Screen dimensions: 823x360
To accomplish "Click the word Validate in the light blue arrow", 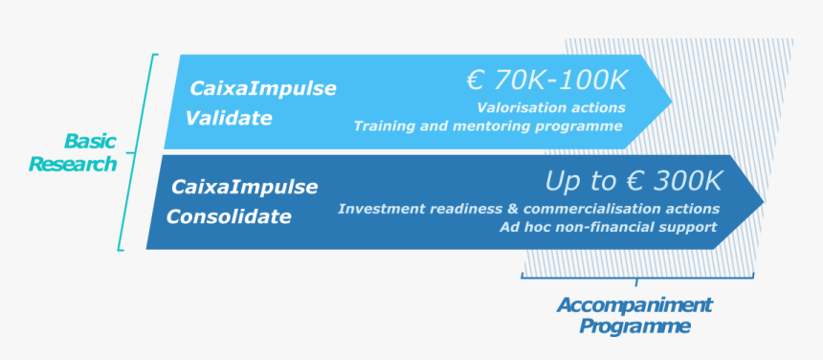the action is [x=229, y=119].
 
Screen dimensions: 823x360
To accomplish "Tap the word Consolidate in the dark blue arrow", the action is [x=229, y=216].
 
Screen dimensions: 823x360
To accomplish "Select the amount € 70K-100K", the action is [x=546, y=80].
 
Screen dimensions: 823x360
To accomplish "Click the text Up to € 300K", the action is [x=634, y=181].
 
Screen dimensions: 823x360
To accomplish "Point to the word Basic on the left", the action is [x=90, y=141].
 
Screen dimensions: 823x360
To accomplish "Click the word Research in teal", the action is [x=73, y=165].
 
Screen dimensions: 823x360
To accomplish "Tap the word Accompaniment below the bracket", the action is [x=634, y=304].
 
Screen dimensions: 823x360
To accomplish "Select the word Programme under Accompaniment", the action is [x=634, y=326].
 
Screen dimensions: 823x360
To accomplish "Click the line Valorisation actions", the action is [x=551, y=107].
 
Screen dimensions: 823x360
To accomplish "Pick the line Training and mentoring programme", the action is [x=488, y=126].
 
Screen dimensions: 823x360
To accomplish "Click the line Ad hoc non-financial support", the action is [x=608, y=227].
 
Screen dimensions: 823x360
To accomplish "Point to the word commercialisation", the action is [x=589, y=209].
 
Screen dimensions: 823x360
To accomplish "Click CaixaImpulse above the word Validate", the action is [x=263, y=89].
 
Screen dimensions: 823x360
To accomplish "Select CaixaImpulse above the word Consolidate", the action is [x=245, y=187].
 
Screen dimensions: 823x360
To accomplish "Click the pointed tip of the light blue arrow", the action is [x=672, y=101].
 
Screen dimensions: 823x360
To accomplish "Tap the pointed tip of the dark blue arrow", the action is [x=764, y=201].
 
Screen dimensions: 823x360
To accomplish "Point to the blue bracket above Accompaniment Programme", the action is [x=637, y=277].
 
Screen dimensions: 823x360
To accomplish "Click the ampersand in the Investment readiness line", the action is [x=513, y=209].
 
